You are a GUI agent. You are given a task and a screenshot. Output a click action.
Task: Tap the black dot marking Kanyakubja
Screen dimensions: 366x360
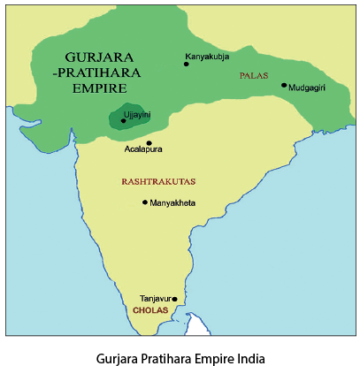186,64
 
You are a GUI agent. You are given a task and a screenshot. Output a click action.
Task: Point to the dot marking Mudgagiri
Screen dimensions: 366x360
284,86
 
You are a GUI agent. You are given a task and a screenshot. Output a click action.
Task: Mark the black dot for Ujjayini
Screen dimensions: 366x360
123,121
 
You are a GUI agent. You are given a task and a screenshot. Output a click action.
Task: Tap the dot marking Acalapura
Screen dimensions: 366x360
149,142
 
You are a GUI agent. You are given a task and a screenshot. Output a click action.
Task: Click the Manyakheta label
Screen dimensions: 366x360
172,203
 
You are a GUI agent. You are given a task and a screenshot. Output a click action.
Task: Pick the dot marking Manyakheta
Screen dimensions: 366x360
145,202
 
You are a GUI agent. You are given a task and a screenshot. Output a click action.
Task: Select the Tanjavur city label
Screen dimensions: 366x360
155,299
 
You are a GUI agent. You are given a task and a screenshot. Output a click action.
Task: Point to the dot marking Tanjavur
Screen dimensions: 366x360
175,299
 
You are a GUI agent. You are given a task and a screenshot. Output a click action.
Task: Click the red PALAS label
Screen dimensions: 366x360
253,77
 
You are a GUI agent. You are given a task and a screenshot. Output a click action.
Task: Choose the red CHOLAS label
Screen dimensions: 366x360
149,311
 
